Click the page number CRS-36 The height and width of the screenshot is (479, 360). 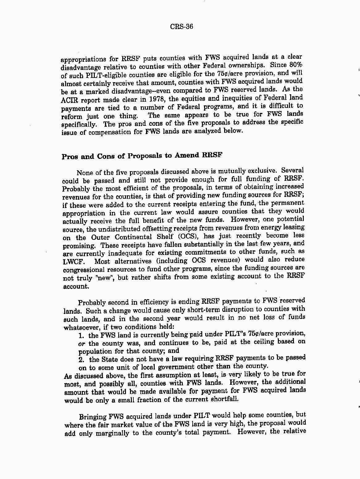182,27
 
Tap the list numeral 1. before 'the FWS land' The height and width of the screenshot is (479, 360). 82,335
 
